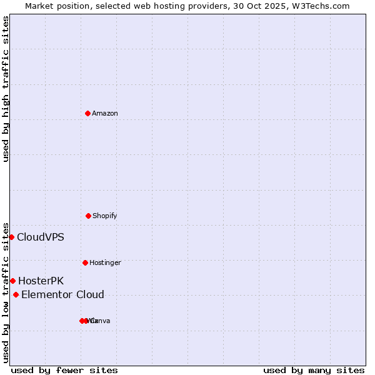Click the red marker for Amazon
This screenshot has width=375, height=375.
pos(87,113)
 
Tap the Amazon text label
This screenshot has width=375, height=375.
pos(105,113)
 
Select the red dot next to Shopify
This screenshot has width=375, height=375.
pos(88,216)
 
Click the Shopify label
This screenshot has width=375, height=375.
pos(105,216)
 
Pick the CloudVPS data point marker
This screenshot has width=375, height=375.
pos(11,237)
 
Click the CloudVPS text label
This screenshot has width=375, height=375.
pos(40,237)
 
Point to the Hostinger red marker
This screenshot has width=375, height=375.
pos(85,262)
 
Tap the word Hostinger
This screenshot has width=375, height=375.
pos(105,262)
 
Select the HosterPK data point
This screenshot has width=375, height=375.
pos(12,281)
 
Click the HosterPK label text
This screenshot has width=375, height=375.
pos(41,281)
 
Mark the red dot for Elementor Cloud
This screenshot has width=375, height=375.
pos(16,294)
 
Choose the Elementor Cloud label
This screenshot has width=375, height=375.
pos(62,294)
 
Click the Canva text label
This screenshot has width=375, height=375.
pos(102,321)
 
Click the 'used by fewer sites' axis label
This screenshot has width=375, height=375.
pos(64,370)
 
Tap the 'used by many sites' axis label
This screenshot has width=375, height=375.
pos(314,370)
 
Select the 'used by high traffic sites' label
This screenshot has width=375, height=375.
pos(6,89)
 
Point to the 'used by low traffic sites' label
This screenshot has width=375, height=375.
pos(6,292)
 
